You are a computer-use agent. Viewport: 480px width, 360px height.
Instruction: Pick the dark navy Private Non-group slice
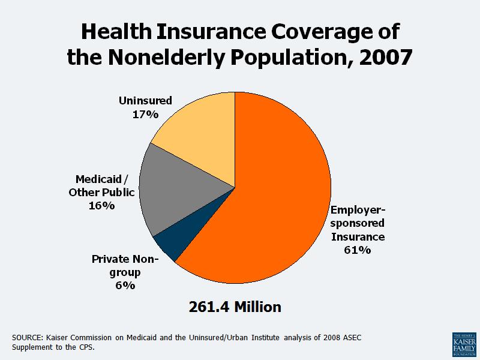(x=171, y=246)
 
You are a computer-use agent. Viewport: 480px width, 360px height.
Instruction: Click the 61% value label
(x=357, y=250)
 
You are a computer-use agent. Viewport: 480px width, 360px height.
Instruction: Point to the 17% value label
(x=145, y=113)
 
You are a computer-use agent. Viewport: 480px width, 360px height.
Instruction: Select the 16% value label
(x=101, y=206)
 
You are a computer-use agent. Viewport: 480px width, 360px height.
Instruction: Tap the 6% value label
(x=125, y=286)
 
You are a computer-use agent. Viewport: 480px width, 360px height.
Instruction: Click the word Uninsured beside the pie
(x=145, y=100)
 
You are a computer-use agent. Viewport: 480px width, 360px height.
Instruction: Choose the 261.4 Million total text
(x=235, y=307)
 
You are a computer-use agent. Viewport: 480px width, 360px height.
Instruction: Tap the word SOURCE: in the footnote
(x=28, y=338)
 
